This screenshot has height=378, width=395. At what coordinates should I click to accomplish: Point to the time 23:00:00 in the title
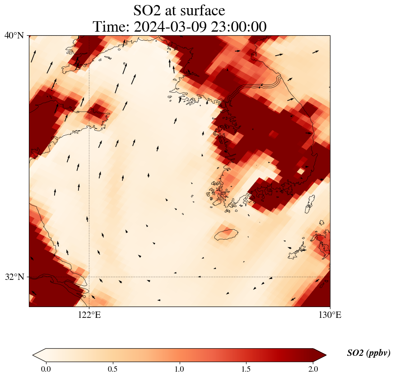coord(237,27)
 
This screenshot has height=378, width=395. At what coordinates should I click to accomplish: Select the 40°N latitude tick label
coord(14,36)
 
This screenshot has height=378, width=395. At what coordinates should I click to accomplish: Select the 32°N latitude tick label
coord(14,277)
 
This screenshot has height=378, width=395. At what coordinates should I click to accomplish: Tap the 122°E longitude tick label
coord(89,316)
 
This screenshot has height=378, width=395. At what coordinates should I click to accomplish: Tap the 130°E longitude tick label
coord(330,316)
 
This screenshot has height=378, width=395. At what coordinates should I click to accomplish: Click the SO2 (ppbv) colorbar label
coord(368,353)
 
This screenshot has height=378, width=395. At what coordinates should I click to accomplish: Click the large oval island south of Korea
coord(225,234)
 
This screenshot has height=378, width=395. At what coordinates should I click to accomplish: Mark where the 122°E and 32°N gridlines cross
coord(89,277)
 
